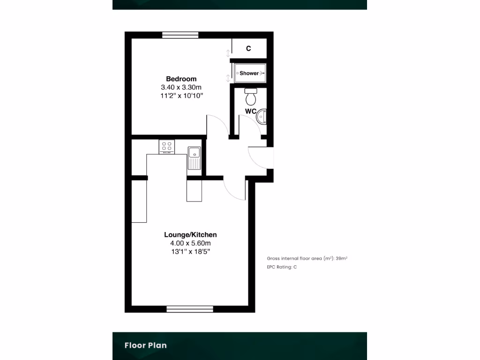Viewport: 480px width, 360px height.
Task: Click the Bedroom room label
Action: [x=181, y=79]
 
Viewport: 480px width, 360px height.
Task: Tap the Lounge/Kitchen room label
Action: [x=190, y=235]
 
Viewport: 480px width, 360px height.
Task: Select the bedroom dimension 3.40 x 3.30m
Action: [x=181, y=87]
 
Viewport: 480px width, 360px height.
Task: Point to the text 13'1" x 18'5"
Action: [x=190, y=252]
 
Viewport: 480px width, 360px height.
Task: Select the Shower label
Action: [x=249, y=73]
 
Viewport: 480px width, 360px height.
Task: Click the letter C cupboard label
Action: [x=248, y=48]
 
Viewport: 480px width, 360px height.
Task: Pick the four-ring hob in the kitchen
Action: [x=167, y=146]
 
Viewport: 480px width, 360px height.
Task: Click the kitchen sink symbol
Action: [x=194, y=157]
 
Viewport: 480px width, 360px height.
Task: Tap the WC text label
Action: [x=250, y=112]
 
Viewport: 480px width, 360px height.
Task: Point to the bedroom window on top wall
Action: [x=180, y=35]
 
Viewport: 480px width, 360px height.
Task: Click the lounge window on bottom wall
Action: [x=190, y=309]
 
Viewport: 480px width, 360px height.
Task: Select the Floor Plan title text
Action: [x=145, y=345]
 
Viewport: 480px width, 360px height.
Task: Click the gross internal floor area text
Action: [x=307, y=258]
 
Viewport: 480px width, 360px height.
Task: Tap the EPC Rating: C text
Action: [x=282, y=267]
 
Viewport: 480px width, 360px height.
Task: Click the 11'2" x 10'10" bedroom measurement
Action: [x=181, y=96]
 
